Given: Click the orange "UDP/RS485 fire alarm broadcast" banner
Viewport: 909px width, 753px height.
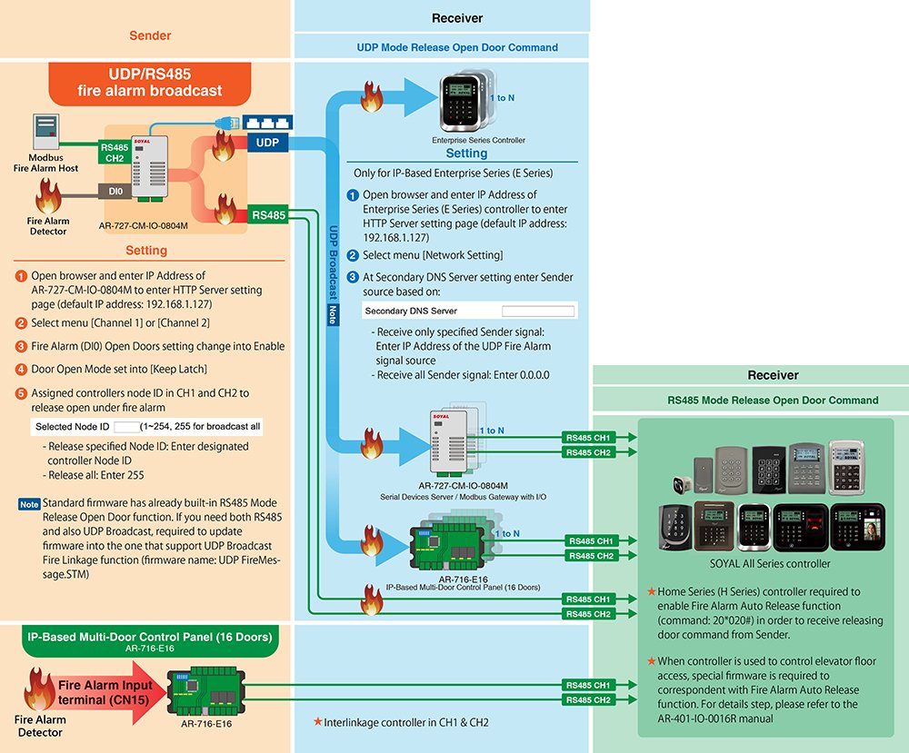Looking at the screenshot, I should coord(150,83).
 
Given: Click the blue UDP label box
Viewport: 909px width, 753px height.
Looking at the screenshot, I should coord(266,144).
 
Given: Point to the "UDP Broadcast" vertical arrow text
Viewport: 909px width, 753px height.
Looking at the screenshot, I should coord(333,263).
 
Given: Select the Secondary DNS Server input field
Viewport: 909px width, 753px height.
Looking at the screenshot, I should coord(539,311).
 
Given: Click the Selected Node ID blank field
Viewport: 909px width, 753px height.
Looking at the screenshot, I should coord(125,426).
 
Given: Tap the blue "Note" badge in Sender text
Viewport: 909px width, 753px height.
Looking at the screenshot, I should coord(29,504).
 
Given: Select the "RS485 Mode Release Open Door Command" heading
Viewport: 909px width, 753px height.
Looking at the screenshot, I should coord(773,400).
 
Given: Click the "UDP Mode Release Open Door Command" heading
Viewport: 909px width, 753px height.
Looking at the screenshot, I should coord(457,47).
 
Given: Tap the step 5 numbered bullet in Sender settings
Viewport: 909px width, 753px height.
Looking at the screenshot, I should coord(21,393).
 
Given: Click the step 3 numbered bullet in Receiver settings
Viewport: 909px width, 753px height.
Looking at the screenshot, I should coord(353,277).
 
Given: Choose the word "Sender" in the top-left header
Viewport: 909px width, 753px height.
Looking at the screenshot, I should coord(150,36).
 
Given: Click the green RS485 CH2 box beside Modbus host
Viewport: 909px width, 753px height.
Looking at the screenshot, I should coord(115,153).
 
